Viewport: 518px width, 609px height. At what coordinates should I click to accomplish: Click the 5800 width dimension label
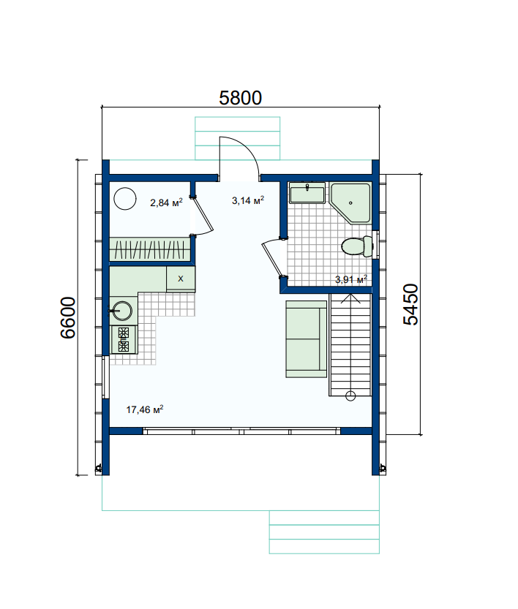(x=240, y=98)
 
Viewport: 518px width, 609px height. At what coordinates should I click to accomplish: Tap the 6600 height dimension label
(x=68, y=318)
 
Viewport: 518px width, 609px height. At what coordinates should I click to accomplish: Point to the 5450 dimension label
(x=410, y=304)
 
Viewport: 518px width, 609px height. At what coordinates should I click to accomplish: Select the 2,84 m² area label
(x=166, y=203)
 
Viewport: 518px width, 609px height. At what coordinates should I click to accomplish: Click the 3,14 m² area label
(x=248, y=200)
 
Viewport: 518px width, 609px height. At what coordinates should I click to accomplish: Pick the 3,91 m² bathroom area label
(x=351, y=279)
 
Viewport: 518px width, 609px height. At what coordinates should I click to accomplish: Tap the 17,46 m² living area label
(x=145, y=409)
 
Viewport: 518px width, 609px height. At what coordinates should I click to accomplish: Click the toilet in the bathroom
(x=357, y=246)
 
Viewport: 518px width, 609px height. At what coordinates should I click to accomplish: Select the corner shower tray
(x=350, y=203)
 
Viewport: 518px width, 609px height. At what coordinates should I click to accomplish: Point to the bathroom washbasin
(x=307, y=193)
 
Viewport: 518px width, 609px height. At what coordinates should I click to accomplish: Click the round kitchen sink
(x=121, y=311)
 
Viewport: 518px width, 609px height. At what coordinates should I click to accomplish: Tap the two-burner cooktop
(x=124, y=339)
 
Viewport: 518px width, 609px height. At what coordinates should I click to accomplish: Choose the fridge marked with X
(x=181, y=279)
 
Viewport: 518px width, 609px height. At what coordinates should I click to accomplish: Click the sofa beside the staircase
(x=307, y=338)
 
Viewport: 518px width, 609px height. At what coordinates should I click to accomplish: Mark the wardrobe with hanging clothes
(x=149, y=249)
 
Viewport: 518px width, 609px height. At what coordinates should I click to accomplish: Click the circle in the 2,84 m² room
(x=125, y=199)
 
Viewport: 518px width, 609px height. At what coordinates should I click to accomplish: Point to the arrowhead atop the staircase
(x=350, y=298)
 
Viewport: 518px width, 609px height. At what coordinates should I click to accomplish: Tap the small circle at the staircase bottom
(x=350, y=396)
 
